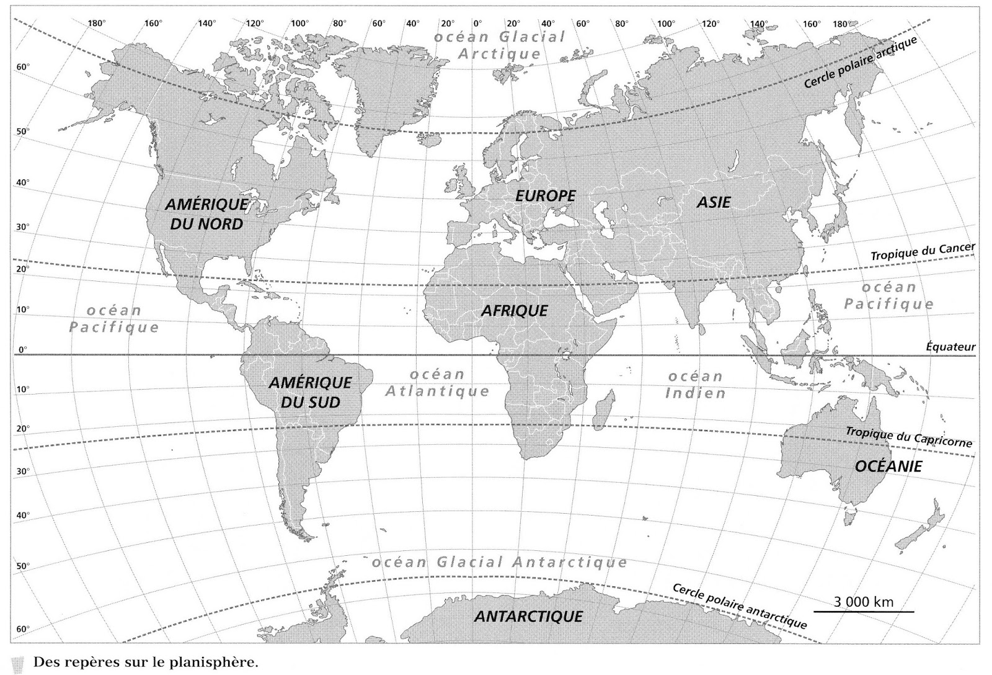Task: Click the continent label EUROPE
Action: tap(546, 196)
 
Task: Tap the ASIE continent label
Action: tap(713, 202)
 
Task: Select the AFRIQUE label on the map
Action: tap(515, 310)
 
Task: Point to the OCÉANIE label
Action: tap(888, 467)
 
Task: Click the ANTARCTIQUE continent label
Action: tap(528, 617)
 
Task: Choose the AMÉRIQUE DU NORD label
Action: tap(206, 214)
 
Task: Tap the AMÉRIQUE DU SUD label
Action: tap(310, 392)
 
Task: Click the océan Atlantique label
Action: tap(437, 383)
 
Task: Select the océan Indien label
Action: tap(695, 385)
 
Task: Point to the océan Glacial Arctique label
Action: tap(499, 45)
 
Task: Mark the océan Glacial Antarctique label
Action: tap(499, 563)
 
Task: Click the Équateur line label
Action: tap(950, 347)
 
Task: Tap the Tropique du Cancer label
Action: tap(923, 252)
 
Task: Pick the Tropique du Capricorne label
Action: tap(909, 437)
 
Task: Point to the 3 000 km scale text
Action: tap(864, 601)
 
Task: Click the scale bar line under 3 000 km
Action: tap(864, 612)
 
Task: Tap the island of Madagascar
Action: tap(603, 409)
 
